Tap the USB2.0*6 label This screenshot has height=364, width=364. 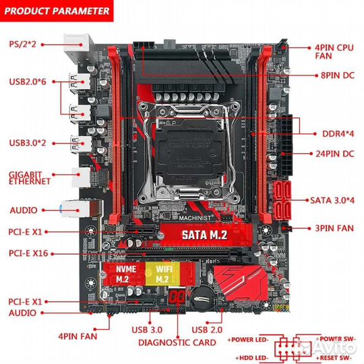click(x=26, y=83)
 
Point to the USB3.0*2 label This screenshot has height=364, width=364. click(x=26, y=142)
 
